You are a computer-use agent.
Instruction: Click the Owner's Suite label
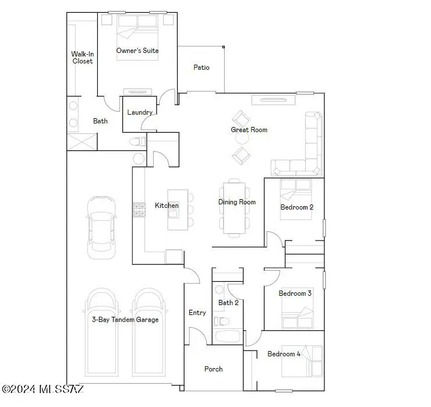coord(137,51)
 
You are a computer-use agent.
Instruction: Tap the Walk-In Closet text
coord(82,57)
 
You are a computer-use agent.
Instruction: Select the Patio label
coord(201,68)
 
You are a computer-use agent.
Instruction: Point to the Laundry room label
coord(140,112)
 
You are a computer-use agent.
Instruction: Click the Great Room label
coord(249,130)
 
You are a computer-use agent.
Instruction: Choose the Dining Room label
coord(237,202)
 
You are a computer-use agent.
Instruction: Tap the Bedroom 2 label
coord(297,207)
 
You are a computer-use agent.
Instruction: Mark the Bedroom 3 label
coord(295,293)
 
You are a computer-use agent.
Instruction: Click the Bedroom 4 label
coord(284,353)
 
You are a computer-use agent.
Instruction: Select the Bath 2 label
coord(228,302)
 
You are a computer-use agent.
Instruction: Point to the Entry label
coord(197,313)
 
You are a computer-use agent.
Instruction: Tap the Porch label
coord(213,369)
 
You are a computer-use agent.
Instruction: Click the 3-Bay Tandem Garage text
coord(125,320)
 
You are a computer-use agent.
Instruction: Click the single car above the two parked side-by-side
coord(100,227)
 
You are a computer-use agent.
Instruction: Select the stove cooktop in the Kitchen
coord(139,210)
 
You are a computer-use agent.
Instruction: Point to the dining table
coord(233,208)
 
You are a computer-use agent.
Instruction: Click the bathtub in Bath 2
coord(228,336)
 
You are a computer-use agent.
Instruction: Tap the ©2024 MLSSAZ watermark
coord(44,388)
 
